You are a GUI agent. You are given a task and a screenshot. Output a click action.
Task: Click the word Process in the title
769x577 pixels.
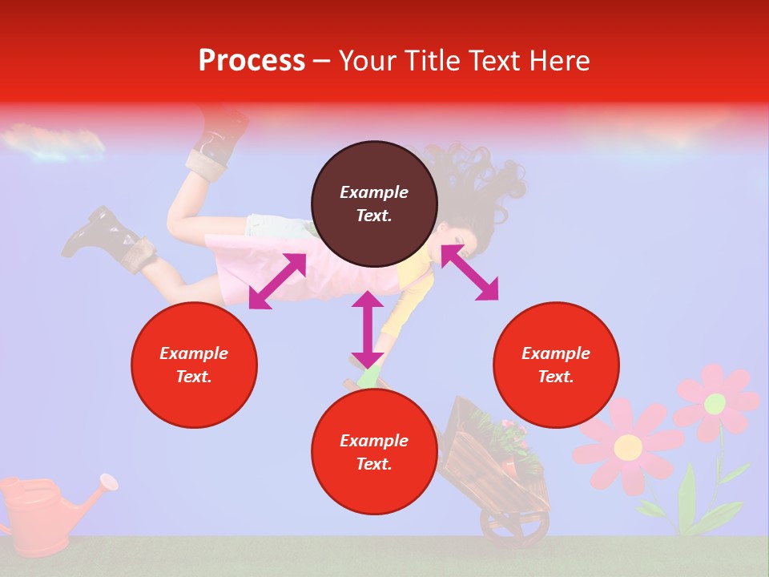[x=252, y=61]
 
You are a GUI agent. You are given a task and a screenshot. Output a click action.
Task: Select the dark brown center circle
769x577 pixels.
[x=374, y=204]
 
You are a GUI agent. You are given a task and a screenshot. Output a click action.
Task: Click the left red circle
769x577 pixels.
[x=194, y=365]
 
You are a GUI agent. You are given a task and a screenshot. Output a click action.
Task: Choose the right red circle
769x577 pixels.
[x=555, y=365]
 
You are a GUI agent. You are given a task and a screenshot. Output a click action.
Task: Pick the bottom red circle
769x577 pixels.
[x=374, y=452]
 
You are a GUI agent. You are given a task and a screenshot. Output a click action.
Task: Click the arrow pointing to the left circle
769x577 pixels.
[x=277, y=281]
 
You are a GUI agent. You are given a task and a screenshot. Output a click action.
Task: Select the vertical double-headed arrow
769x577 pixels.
[x=368, y=329]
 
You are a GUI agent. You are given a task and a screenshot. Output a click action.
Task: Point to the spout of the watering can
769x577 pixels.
[x=106, y=482]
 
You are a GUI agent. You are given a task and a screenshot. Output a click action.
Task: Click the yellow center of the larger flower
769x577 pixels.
[x=628, y=446]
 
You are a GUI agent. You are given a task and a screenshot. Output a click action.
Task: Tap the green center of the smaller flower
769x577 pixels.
[x=715, y=404]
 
